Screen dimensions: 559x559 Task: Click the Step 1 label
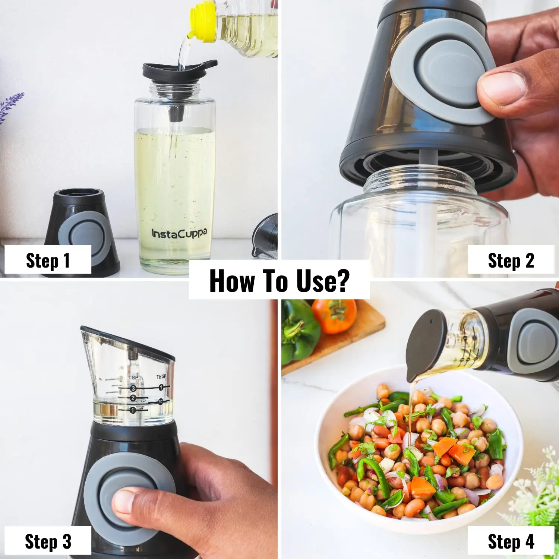[48, 260]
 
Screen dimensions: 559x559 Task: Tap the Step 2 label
[511, 260]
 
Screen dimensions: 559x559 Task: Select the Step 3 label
[48, 541]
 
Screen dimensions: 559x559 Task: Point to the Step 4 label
[511, 541]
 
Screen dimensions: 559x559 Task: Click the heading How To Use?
[279, 281]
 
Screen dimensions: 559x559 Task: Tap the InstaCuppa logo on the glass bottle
[179, 234]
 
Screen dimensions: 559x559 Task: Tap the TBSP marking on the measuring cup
[161, 377]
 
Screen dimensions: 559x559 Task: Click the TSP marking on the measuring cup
[133, 378]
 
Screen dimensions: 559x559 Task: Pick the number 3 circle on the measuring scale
[133, 388]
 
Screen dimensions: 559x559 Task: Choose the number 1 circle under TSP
[133, 410]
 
